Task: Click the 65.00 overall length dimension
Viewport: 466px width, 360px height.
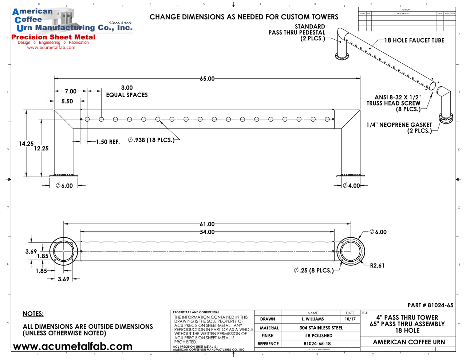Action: coord(207,79)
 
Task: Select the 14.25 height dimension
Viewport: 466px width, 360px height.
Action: coord(26,144)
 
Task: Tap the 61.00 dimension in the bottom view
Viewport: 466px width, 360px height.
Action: coord(207,224)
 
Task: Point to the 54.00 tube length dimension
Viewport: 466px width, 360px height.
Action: coord(207,232)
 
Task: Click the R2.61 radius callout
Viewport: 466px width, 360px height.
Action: coord(377,266)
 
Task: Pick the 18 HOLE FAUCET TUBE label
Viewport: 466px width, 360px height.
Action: coord(414,40)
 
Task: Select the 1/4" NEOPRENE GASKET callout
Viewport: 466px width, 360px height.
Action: coord(399,128)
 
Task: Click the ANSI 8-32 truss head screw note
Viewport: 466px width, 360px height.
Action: coord(394,103)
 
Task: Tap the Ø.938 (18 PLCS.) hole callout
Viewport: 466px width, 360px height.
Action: coord(151,140)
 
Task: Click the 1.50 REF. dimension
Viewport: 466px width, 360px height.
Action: coord(108,142)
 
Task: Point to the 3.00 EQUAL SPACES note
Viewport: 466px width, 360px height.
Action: coord(127,91)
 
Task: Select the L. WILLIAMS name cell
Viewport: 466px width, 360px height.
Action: coord(313,319)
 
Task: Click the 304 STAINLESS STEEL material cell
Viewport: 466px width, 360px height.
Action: coord(321,328)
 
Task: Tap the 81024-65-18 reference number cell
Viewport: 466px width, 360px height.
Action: coord(317,344)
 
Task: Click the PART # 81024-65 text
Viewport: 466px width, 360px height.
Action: coord(430,305)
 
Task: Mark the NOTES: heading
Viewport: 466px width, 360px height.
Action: coord(33,314)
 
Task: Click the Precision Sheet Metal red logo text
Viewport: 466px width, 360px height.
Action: coord(54,37)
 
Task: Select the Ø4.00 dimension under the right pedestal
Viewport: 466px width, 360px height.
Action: coord(351,186)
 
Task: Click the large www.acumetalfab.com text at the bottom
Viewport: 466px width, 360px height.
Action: coord(73,346)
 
